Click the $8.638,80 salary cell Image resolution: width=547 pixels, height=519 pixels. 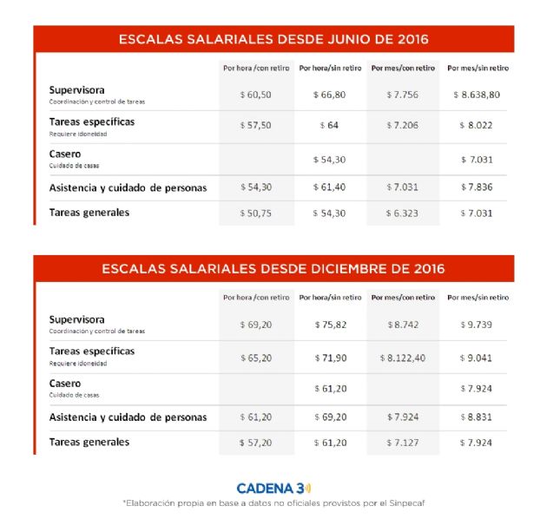pyautogui.click(x=478, y=94)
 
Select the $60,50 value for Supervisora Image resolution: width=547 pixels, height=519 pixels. pyautogui.click(x=255, y=94)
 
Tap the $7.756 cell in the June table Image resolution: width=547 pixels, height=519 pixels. pyautogui.click(x=403, y=94)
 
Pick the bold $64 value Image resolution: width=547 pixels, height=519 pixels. pyautogui.click(x=330, y=125)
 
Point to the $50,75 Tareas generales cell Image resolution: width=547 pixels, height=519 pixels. pyautogui.click(x=255, y=213)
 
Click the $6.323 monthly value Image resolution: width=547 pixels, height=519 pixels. pyautogui.click(x=403, y=213)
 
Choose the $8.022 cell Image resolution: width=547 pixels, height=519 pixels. pyautogui.click(x=478, y=125)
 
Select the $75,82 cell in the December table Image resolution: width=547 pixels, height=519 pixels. pyautogui.click(x=330, y=324)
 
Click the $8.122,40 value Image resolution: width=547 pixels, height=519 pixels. pyautogui.click(x=403, y=356)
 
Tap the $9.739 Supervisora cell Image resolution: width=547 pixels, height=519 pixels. pyautogui.click(x=478, y=324)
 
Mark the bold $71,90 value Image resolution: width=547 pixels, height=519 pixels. pyautogui.click(x=330, y=356)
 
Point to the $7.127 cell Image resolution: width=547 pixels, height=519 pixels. pyautogui.click(x=403, y=442)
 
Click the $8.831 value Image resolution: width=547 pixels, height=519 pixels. pyautogui.click(x=478, y=417)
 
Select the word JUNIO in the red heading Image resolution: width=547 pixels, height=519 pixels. pyautogui.click(x=330, y=39)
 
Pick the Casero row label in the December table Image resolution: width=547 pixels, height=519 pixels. pyautogui.click(x=65, y=383)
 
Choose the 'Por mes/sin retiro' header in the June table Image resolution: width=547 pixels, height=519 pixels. pyautogui.click(x=478, y=68)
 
